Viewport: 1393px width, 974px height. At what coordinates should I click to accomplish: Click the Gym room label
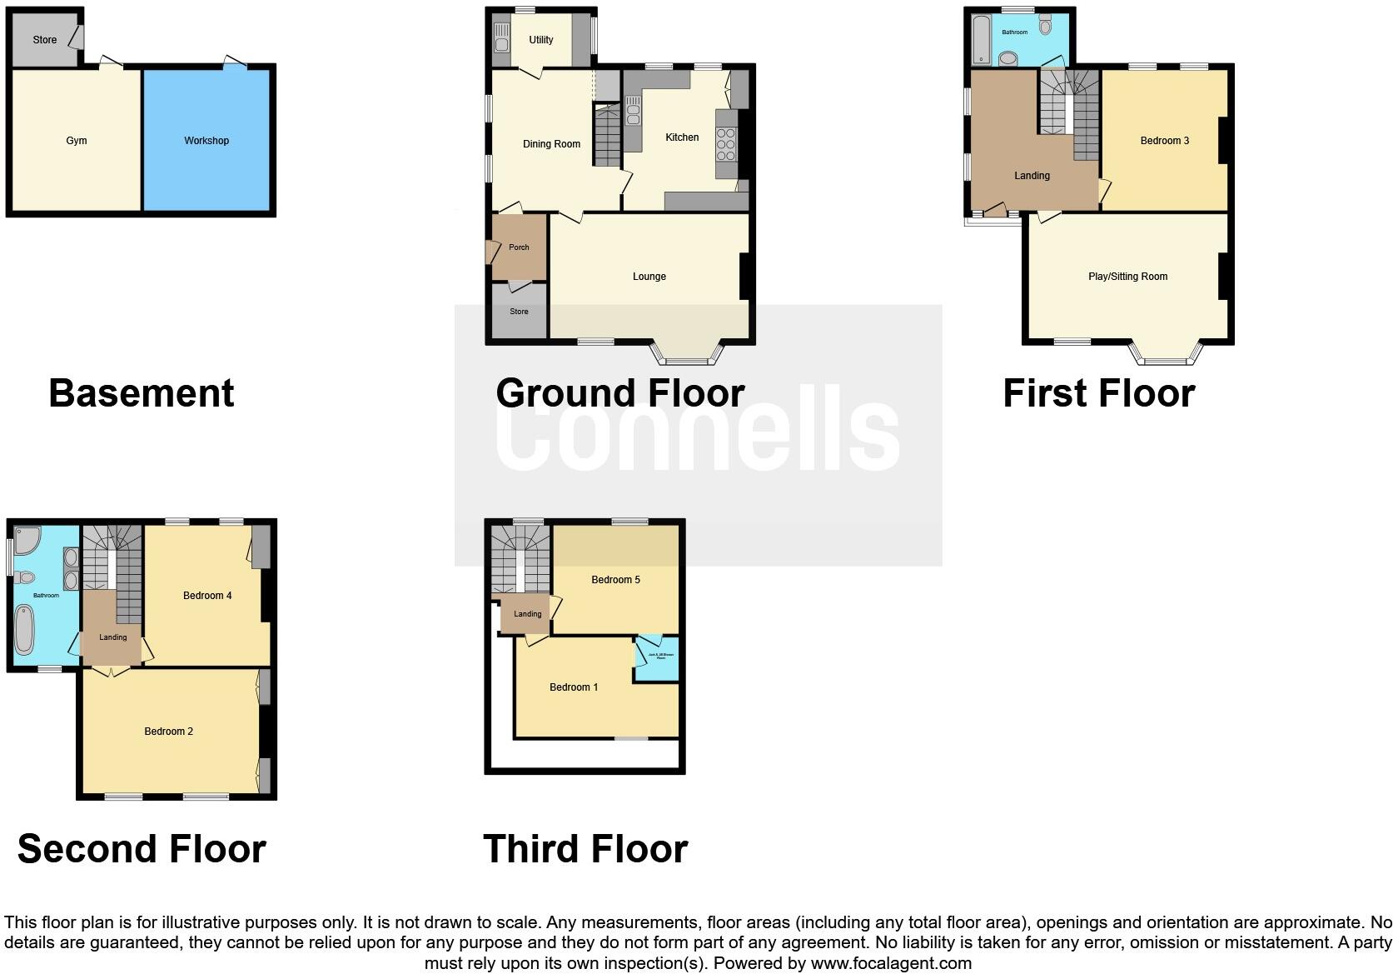[77, 141]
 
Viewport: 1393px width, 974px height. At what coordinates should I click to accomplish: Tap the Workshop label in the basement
[206, 141]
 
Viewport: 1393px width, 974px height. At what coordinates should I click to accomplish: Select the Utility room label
[541, 40]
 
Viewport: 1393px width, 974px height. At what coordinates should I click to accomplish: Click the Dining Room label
[551, 144]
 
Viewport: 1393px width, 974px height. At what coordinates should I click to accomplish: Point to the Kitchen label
[682, 137]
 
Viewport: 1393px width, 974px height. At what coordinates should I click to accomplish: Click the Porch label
[519, 247]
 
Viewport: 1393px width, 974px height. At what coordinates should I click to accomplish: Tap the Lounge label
[649, 277]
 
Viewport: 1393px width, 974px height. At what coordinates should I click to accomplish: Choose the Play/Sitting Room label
[1127, 277]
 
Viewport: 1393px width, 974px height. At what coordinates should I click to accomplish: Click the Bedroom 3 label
[1164, 141]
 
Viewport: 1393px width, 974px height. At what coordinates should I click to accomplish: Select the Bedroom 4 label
[207, 596]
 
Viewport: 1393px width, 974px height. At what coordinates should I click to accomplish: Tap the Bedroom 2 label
[168, 732]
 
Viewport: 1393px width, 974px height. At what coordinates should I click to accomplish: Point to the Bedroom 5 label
[615, 580]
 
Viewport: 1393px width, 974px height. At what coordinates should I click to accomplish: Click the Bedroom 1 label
[574, 687]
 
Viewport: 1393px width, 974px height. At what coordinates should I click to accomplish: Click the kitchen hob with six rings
[726, 144]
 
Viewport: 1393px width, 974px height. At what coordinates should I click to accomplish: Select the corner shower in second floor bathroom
[26, 540]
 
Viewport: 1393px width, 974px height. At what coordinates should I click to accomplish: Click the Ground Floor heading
[619, 393]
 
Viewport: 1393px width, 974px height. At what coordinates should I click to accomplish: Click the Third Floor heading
[585, 849]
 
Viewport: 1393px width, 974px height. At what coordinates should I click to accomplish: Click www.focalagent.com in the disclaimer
[891, 963]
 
